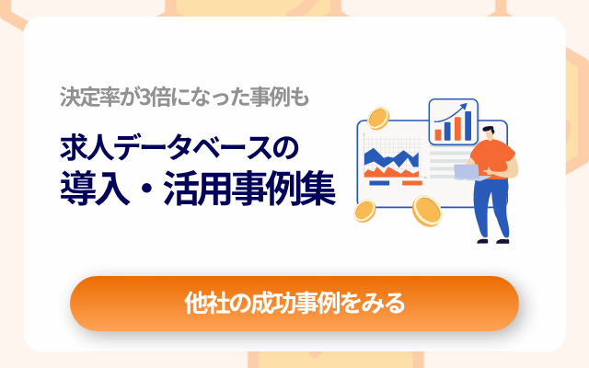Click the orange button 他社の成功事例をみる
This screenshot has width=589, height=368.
pyautogui.click(x=294, y=303)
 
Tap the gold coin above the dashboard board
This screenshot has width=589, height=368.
pyautogui.click(x=377, y=119)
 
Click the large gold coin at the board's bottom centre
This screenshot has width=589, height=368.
pyautogui.click(x=427, y=211)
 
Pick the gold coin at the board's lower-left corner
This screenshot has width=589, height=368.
pyautogui.click(x=363, y=213)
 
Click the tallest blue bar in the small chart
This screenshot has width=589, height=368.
pyautogui.click(x=467, y=123)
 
